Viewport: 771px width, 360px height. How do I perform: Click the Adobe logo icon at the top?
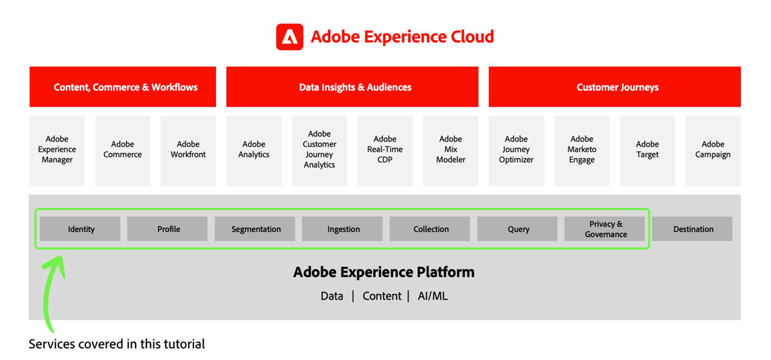(x=289, y=37)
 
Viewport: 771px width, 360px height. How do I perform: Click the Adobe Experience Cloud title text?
(x=402, y=37)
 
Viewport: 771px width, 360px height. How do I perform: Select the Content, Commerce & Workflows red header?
(x=123, y=87)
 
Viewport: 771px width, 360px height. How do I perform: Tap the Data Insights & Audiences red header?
(x=352, y=87)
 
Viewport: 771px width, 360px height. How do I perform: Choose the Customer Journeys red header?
(x=615, y=87)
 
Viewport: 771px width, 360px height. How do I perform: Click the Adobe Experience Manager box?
(x=57, y=150)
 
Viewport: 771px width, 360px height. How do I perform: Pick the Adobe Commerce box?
(x=123, y=150)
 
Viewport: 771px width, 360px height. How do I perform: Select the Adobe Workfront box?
(x=188, y=150)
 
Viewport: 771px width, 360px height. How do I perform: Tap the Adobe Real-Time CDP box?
(x=385, y=150)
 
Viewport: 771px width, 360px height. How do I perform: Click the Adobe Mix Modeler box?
(x=450, y=150)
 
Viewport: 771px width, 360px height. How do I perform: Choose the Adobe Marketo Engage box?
(x=581, y=150)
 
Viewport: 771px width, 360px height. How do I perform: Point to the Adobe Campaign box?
(x=713, y=150)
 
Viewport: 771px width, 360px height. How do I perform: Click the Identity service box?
(x=80, y=229)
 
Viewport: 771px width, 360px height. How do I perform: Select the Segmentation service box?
(x=255, y=229)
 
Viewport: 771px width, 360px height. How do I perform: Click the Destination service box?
(x=693, y=229)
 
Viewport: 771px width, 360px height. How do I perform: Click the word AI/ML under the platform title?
(x=432, y=296)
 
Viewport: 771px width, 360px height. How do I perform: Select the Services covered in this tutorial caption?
(x=117, y=344)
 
